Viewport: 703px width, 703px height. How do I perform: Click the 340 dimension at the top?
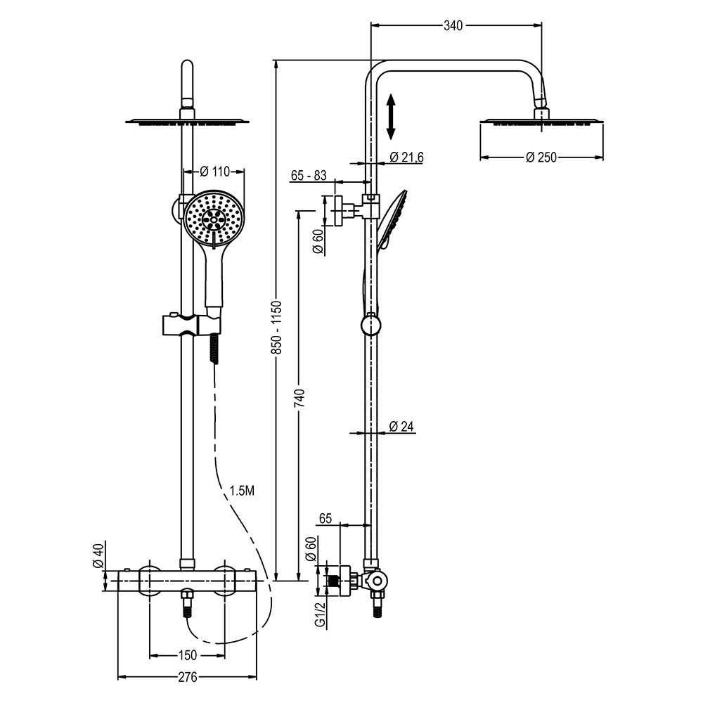[x=453, y=26]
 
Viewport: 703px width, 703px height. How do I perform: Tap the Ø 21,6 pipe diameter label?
[x=406, y=157]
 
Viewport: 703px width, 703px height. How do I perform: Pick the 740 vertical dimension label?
[x=299, y=399]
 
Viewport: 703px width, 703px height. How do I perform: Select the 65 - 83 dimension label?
[x=308, y=176]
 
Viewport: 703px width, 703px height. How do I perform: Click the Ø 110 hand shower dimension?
[x=215, y=171]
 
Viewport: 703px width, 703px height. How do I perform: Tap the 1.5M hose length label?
[x=242, y=491]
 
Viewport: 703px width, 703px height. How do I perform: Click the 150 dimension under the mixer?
[x=187, y=656]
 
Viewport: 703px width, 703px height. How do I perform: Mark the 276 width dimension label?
[x=187, y=677]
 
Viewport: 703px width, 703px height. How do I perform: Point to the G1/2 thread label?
[x=319, y=614]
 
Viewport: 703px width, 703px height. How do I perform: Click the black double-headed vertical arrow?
[x=392, y=117]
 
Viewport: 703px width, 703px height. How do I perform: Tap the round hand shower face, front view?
[x=214, y=219]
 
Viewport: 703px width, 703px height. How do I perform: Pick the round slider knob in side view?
[x=370, y=324]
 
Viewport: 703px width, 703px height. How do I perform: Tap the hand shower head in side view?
[x=390, y=218]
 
